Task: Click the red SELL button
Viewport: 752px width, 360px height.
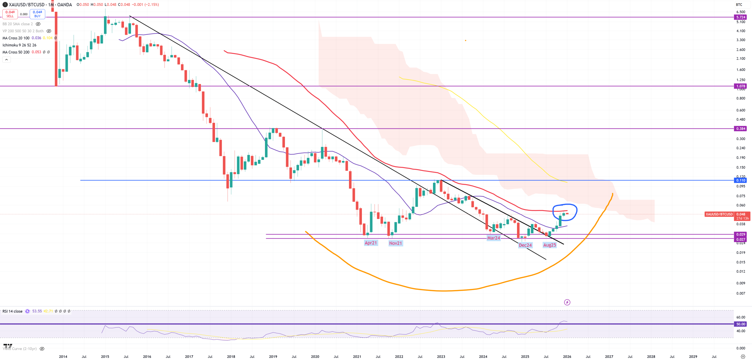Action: tap(10, 14)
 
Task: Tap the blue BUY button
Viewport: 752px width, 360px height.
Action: tap(37, 14)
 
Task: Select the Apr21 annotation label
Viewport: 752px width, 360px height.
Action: tap(370, 243)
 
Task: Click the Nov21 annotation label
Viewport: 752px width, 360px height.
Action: tap(395, 243)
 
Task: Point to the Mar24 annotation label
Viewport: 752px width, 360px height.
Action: tap(493, 238)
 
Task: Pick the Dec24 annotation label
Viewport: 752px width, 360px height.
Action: tap(525, 245)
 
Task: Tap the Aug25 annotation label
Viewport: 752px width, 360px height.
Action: tap(549, 245)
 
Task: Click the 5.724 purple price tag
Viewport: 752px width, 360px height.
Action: tap(741, 17)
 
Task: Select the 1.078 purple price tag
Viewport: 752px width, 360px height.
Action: tap(741, 86)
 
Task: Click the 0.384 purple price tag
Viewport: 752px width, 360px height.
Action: tap(741, 128)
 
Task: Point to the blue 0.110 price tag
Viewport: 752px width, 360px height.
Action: tap(741, 180)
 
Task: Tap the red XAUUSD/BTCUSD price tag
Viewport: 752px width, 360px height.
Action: tap(719, 214)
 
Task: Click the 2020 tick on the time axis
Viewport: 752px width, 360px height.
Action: tap(315, 356)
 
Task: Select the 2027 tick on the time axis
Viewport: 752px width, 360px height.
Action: tap(609, 356)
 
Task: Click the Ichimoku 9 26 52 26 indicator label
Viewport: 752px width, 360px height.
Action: tap(19, 45)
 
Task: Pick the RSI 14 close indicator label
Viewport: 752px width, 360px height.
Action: tap(12, 311)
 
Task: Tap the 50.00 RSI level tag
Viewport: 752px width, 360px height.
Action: tap(741, 324)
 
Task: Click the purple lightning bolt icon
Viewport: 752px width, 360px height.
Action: tap(567, 302)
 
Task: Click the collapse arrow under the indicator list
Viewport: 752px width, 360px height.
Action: tap(6, 60)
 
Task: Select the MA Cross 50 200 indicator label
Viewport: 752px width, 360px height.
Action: tap(16, 52)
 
